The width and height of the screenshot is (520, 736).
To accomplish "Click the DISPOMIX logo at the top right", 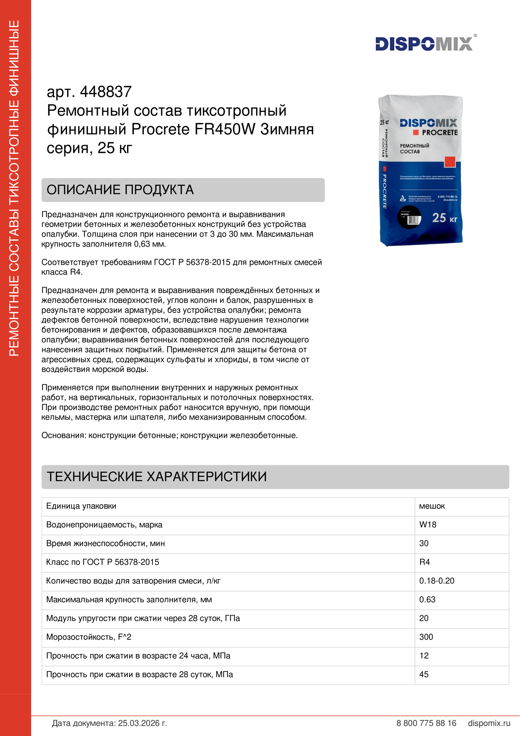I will (x=424, y=44).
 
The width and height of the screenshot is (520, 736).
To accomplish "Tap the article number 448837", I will (x=105, y=92).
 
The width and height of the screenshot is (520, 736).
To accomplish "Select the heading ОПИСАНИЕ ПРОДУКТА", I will (x=120, y=190).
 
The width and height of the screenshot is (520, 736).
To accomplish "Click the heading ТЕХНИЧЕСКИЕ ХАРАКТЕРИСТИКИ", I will (x=157, y=477).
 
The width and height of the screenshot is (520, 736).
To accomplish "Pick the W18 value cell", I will (x=428, y=525).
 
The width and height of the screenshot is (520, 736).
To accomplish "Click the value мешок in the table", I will (x=432, y=506).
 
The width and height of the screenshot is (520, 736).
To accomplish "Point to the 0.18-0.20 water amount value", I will (x=437, y=581).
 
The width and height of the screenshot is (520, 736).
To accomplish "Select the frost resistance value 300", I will (x=426, y=637).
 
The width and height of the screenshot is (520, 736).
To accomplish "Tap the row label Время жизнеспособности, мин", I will (x=105, y=543).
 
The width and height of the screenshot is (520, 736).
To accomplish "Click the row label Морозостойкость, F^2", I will (x=89, y=637).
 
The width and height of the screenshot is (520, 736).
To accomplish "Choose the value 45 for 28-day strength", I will (x=424, y=674).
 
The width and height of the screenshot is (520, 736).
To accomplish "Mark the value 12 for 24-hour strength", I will (x=424, y=655).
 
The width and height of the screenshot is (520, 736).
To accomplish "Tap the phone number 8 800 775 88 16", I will (x=426, y=723).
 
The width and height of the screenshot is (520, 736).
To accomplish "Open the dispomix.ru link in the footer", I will (x=489, y=723).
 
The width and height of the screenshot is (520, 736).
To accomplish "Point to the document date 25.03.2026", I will (x=142, y=723).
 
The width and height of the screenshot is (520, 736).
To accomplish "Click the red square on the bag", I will (x=450, y=162).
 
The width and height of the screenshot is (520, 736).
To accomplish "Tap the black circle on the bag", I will (x=409, y=218).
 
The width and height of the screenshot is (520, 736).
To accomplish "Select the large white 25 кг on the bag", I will (x=445, y=218).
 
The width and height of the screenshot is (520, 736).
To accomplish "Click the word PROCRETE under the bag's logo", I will (x=439, y=132).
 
